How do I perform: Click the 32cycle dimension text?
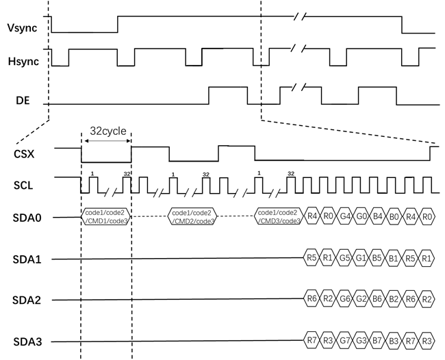point(106,130)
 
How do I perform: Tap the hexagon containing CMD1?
point(106,217)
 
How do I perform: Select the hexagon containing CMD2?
point(192,217)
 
